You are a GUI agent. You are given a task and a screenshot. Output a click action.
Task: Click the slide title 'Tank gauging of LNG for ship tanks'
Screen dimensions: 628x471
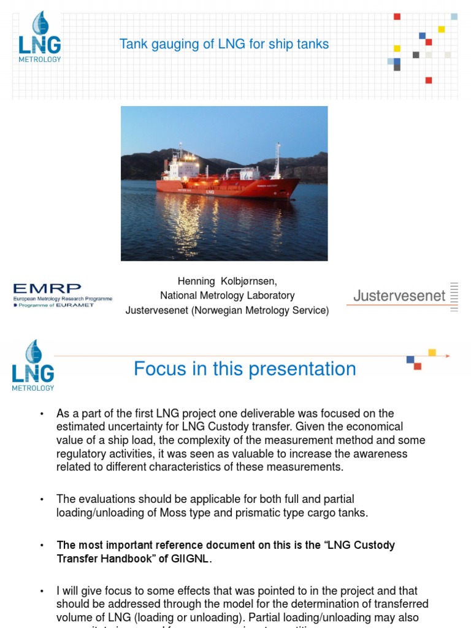tap(224, 44)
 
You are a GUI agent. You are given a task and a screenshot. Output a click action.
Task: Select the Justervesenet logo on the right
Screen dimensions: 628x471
tap(402, 297)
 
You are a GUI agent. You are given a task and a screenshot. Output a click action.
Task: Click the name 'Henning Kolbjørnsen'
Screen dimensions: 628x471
tap(227, 281)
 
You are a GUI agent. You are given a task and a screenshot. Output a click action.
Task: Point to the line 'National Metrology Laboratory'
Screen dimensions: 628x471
tap(227, 296)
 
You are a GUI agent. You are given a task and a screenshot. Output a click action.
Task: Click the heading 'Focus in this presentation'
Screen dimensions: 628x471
tap(245, 369)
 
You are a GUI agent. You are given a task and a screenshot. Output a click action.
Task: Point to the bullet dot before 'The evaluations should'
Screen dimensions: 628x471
tap(42, 500)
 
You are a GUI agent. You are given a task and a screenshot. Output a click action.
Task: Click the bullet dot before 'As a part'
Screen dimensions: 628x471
tap(42, 414)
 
